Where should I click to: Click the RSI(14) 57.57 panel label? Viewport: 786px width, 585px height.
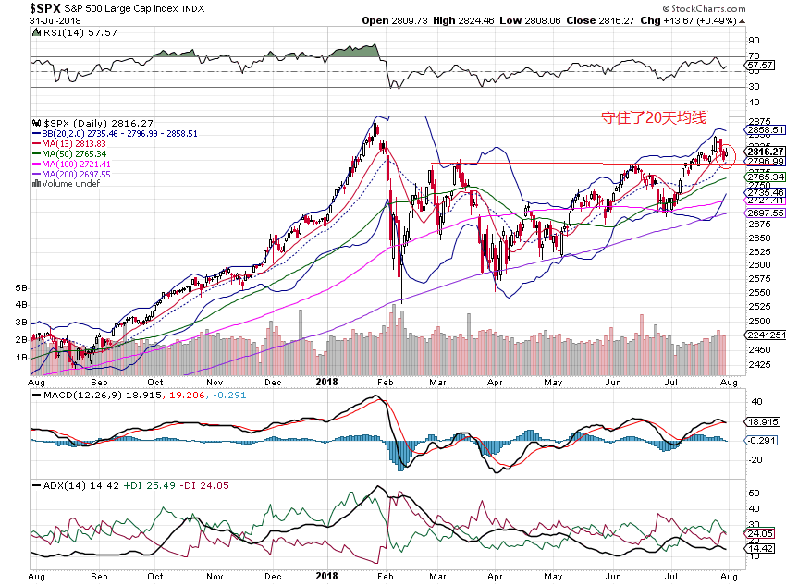point(65,32)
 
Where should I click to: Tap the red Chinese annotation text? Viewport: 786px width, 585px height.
point(653,117)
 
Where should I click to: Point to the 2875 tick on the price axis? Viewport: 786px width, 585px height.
point(758,121)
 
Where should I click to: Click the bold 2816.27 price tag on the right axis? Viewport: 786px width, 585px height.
point(767,152)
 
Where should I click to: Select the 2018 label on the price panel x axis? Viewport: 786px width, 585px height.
point(327,380)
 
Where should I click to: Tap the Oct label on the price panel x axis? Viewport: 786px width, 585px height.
point(156,380)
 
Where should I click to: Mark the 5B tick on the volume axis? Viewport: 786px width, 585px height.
point(23,288)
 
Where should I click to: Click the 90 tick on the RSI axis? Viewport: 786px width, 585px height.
point(754,40)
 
